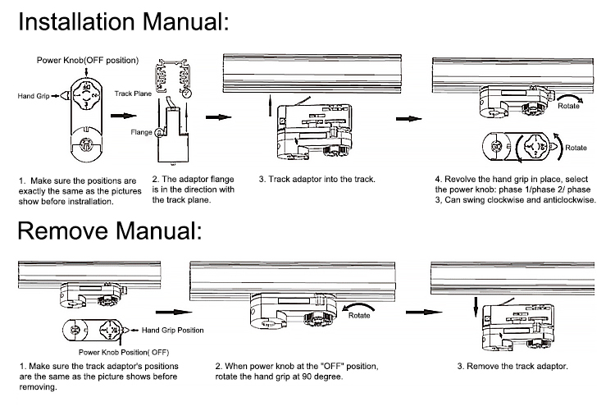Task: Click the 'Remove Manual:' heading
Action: click(x=108, y=230)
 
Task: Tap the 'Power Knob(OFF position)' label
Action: click(x=88, y=60)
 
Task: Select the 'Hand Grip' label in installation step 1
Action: click(x=33, y=96)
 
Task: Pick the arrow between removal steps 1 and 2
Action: click(x=168, y=311)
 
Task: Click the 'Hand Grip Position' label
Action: click(x=172, y=331)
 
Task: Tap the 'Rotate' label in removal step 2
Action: click(x=359, y=315)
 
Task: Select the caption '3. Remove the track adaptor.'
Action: click(x=512, y=366)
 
